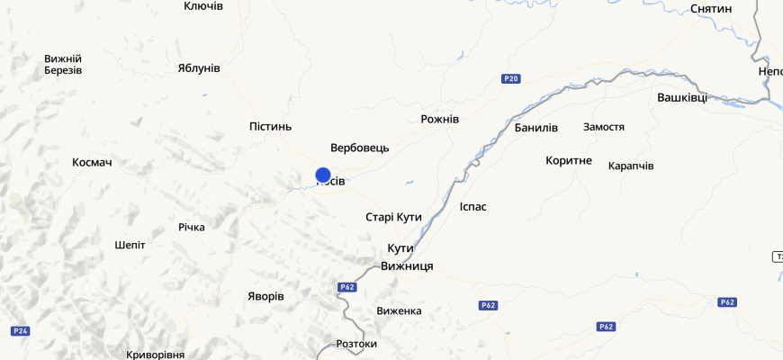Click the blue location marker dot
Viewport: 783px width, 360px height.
point(323,175)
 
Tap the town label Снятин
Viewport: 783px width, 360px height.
point(711,9)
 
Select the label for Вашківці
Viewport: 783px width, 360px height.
point(682,97)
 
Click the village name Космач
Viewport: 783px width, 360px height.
point(98,163)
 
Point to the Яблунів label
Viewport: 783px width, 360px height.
point(199,68)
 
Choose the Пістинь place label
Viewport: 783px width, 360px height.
point(270,127)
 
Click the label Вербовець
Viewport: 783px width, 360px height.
point(360,148)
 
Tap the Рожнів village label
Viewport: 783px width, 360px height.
point(440,120)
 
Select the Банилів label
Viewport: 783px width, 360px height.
point(536,128)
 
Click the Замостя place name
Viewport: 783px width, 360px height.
point(604,127)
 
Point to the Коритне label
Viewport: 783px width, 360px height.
point(569,161)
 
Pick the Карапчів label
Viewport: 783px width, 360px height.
point(631,166)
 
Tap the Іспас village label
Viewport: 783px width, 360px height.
point(472,207)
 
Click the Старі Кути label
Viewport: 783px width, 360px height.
point(393,218)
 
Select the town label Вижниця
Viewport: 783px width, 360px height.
point(407,266)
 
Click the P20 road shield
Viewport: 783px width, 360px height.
point(511,79)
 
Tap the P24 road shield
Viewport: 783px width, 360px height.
point(21,331)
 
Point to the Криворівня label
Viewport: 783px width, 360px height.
point(156,355)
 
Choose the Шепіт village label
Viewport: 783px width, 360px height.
point(130,245)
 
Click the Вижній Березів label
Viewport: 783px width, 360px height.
point(63,65)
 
